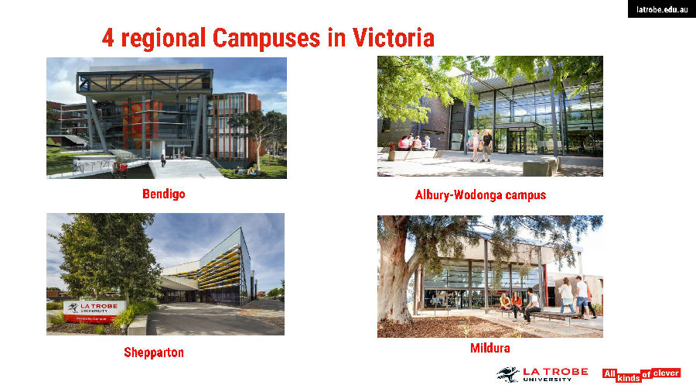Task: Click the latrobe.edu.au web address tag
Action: [662, 9]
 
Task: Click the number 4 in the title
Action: [107, 38]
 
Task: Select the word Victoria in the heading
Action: [394, 38]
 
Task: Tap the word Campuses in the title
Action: [266, 39]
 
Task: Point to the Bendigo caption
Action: [164, 194]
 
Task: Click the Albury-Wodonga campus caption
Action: [481, 194]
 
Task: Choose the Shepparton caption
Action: [154, 352]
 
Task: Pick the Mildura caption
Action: [490, 348]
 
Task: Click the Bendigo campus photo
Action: [166, 118]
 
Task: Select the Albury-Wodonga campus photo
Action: [490, 116]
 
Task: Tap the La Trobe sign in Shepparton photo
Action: [94, 311]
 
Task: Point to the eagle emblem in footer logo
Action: [508, 375]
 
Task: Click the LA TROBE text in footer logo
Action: [555, 372]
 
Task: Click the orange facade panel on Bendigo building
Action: [142, 124]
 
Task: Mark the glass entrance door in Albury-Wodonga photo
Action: [517, 141]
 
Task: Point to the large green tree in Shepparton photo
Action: [110, 256]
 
